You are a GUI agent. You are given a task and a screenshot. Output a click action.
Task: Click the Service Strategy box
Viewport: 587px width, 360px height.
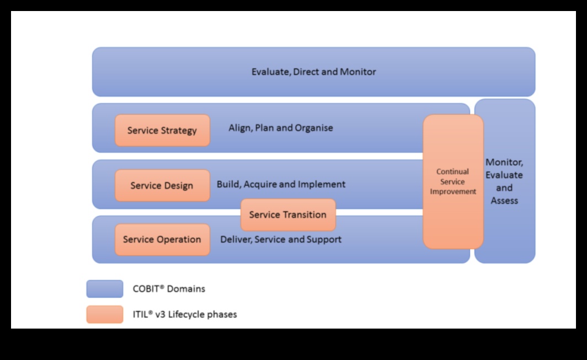pos(162,131)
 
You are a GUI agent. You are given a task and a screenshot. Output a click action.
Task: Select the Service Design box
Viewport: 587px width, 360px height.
pos(162,185)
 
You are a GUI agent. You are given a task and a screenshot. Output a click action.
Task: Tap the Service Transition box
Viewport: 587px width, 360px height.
pos(288,215)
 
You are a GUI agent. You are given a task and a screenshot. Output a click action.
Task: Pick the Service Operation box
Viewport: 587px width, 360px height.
pos(162,240)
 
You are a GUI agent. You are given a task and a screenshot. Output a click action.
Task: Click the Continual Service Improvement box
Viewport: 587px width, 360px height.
pos(453,182)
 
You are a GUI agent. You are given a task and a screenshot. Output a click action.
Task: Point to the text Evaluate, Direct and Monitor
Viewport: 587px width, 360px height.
pos(313,72)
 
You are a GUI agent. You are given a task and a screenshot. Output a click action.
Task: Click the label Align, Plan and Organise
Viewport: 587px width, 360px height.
pos(281,128)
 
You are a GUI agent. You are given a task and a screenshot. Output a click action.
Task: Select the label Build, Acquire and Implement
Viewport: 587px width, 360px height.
pos(281,184)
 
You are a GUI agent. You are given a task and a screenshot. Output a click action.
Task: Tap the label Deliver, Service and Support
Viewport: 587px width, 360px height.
pos(281,239)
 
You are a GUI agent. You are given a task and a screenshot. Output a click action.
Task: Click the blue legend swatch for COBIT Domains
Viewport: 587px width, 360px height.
pos(105,289)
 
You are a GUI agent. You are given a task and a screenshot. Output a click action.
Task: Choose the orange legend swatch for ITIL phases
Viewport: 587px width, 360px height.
pos(105,315)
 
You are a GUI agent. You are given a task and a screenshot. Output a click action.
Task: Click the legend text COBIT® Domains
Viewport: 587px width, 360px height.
pos(169,288)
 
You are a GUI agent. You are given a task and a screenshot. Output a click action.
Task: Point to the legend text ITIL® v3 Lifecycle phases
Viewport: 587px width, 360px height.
pos(185,315)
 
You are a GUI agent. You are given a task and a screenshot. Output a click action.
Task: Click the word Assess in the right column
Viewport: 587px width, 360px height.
pos(504,201)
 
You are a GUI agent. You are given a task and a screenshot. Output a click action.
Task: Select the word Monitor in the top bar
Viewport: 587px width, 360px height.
pos(358,72)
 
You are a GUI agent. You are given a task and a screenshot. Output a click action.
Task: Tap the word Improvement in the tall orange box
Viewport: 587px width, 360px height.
pos(453,192)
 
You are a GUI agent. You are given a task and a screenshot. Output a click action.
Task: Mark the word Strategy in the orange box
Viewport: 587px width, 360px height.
pos(179,131)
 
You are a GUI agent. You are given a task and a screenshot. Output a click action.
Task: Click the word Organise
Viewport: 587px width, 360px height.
pos(314,128)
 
